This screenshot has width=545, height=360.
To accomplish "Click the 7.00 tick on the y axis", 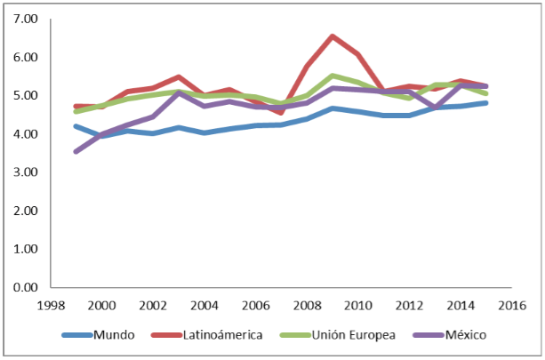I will pyautogui.click(x=24, y=19).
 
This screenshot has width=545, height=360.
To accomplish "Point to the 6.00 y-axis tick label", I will pyautogui.click(x=24, y=57).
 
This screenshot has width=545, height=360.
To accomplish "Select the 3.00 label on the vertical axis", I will pyautogui.click(x=24, y=172).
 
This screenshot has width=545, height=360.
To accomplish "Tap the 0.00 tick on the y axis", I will pyautogui.click(x=24, y=288).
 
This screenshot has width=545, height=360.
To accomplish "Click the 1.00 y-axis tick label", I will pyautogui.click(x=24, y=250).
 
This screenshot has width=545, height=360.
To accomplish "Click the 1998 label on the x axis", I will pyautogui.click(x=50, y=305).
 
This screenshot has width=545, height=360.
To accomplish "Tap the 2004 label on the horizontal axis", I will pyautogui.click(x=204, y=305).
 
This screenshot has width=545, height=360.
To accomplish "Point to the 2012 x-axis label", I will pyautogui.click(x=410, y=305).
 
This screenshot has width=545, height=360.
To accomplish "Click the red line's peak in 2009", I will pyautogui.click(x=333, y=36).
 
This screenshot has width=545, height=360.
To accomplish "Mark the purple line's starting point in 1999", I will pyautogui.click(x=76, y=152).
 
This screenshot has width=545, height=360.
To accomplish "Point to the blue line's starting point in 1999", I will pyautogui.click(x=76, y=126).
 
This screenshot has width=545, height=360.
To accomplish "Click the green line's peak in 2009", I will pyautogui.click(x=333, y=76).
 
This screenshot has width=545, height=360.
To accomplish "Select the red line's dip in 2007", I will pyautogui.click(x=281, y=113).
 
